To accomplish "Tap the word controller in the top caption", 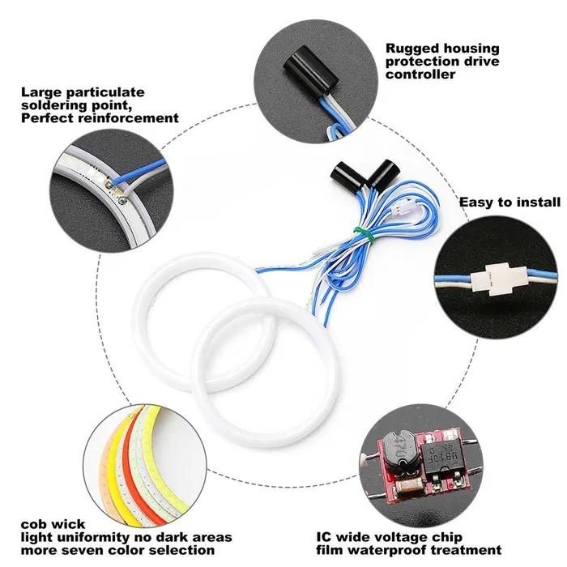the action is coord(420,75).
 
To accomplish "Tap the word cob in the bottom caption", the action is coord(33,524).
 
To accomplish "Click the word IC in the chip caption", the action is coord(323,537).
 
